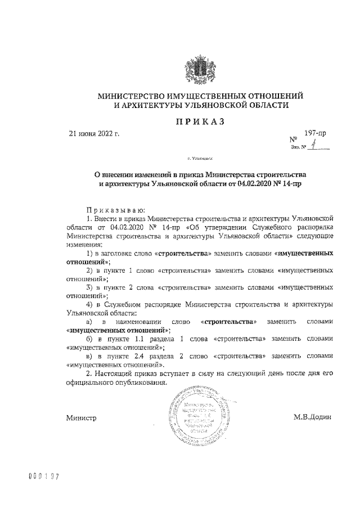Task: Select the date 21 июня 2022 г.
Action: (94, 133)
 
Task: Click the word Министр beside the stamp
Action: (81, 418)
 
